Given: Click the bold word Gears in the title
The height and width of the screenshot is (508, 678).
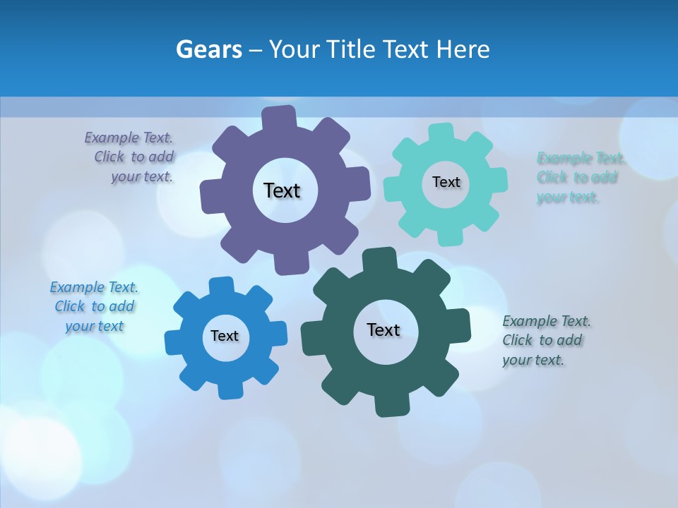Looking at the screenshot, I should click(208, 49).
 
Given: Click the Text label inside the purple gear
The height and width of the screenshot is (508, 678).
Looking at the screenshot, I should click(282, 190).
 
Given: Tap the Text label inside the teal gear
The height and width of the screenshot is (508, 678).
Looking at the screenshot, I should click(446, 182).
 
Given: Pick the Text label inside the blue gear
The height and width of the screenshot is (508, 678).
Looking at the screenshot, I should click(225, 336).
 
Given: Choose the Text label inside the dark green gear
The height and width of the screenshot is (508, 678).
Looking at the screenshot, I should click(383, 329).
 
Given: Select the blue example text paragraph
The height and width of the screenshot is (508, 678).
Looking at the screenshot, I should click(94, 307).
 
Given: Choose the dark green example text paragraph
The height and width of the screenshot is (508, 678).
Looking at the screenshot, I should click(545, 340).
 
